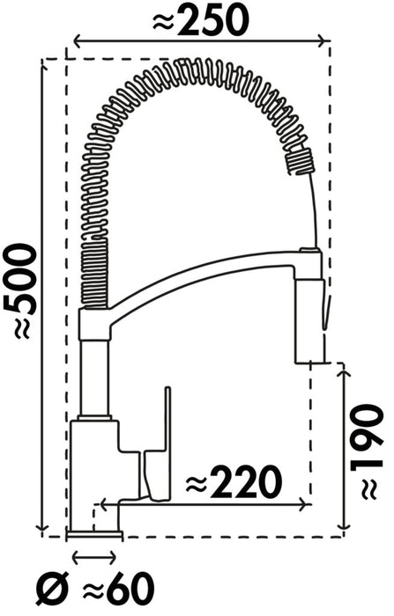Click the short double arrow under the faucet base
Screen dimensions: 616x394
(x=93, y=556)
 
